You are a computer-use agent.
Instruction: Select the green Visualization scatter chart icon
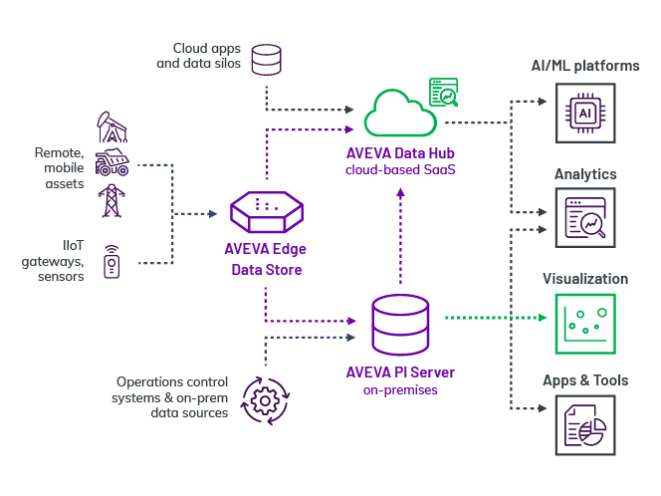[585, 324]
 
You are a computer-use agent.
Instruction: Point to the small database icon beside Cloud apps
[266, 59]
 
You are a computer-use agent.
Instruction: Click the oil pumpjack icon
[111, 125]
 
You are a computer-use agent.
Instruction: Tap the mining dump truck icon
[111, 161]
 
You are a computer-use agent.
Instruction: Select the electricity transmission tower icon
[111, 199]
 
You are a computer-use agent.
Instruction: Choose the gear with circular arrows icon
[265, 399]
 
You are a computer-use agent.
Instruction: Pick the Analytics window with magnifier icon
[585, 218]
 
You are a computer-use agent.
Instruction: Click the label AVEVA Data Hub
[399, 153]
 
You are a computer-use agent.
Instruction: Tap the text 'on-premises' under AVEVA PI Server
[399, 389]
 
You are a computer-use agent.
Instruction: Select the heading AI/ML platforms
[585, 66]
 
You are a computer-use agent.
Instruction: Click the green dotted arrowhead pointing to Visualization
[544, 319]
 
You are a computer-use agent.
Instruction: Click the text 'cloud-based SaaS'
[399, 169]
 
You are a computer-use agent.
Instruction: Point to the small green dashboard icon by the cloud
[443, 92]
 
